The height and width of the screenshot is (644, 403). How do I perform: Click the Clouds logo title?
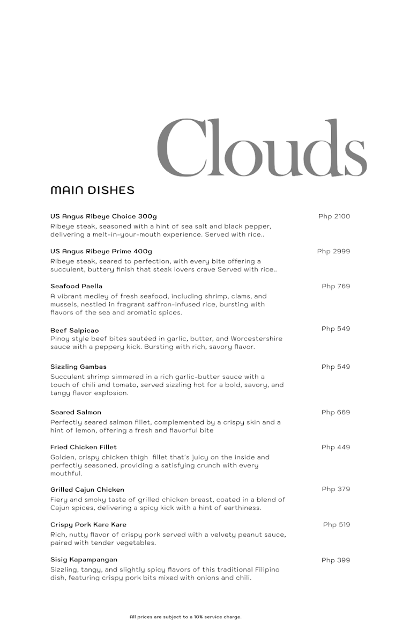click(x=262, y=148)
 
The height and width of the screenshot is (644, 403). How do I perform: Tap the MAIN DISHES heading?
click(x=92, y=191)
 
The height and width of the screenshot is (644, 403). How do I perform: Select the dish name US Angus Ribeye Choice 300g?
click(x=103, y=216)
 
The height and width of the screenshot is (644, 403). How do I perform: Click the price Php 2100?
click(x=334, y=216)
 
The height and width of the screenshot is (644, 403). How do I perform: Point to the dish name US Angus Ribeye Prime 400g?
click(x=101, y=251)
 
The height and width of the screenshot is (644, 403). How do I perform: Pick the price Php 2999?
click(x=333, y=251)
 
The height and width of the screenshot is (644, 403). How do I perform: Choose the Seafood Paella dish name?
click(x=76, y=286)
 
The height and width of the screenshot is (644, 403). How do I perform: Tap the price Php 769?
click(x=335, y=286)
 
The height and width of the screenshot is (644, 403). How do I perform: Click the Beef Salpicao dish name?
click(x=74, y=331)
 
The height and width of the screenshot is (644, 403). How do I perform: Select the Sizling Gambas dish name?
click(x=78, y=367)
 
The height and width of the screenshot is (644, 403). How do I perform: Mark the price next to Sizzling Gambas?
click(x=335, y=367)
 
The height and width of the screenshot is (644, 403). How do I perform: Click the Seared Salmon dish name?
click(x=76, y=412)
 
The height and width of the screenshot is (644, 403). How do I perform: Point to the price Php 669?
click(x=335, y=412)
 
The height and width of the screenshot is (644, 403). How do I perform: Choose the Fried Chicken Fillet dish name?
click(x=83, y=447)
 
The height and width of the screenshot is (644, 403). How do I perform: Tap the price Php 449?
click(x=335, y=447)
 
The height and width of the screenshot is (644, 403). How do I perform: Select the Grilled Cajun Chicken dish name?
click(x=87, y=489)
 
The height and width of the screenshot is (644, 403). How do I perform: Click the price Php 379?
click(x=335, y=489)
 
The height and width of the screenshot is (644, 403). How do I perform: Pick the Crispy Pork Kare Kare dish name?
click(x=88, y=524)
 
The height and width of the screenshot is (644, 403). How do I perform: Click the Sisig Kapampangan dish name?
click(x=84, y=560)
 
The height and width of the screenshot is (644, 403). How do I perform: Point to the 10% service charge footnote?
click(x=185, y=617)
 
